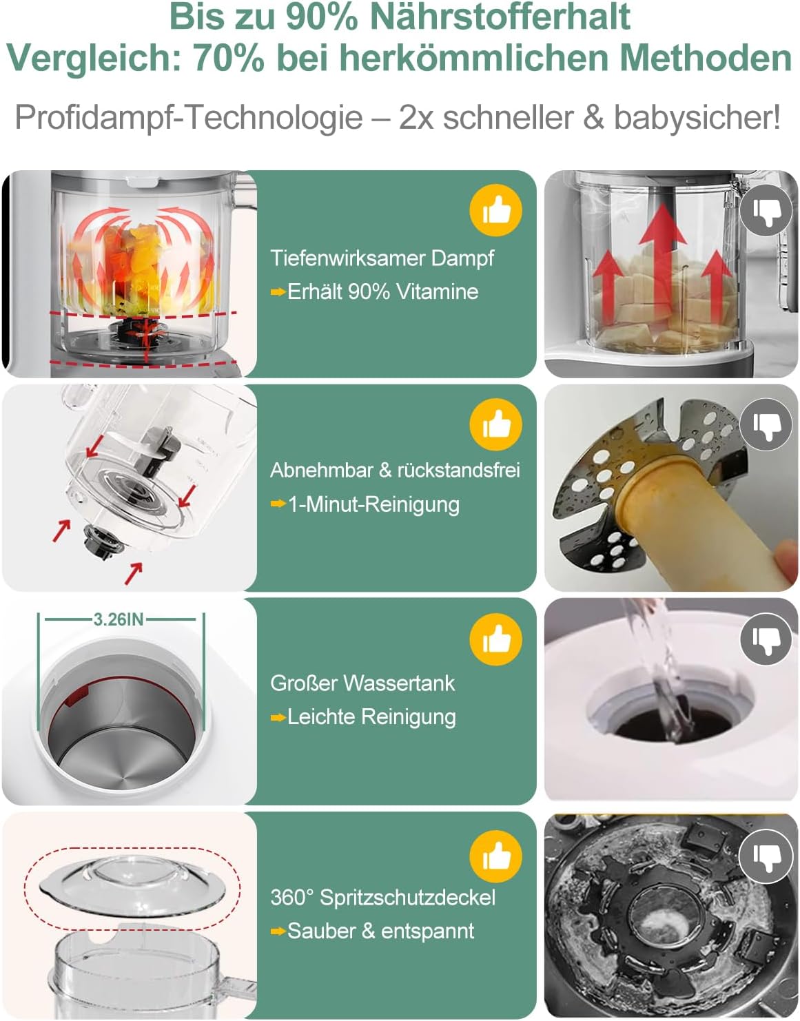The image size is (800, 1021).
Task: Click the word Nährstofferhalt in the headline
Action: (500, 17)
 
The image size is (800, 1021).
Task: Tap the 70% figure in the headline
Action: (228, 58)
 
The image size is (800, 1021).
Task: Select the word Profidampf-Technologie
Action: (188, 117)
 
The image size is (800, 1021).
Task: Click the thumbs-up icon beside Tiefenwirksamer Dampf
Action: (495, 210)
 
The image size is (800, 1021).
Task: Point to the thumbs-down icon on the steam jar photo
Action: (766, 210)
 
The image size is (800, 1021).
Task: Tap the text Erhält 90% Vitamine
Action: (383, 292)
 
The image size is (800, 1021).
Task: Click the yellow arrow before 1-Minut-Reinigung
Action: (278, 504)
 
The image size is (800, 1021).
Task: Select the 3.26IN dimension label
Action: (118, 619)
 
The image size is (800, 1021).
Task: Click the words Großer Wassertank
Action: (362, 683)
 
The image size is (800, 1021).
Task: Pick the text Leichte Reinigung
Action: (371, 717)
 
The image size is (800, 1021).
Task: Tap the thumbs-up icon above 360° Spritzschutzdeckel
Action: (495, 856)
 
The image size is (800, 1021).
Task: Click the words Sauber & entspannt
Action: (381, 930)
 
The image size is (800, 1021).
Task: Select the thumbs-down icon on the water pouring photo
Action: (766, 639)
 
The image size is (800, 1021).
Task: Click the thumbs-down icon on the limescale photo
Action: (766, 856)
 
